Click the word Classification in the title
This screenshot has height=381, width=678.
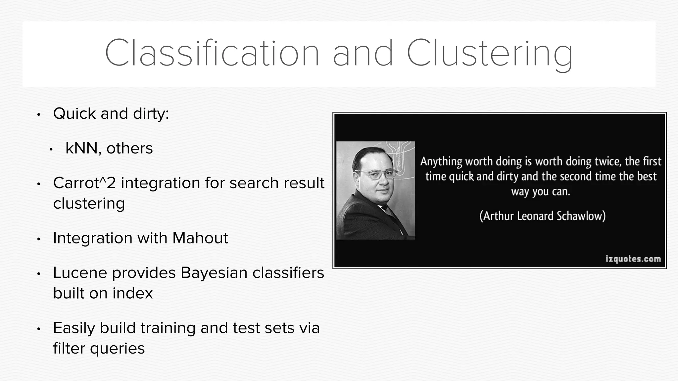212,53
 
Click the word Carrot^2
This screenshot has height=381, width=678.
84,183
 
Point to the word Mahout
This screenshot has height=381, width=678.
200,238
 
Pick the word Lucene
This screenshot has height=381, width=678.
80,273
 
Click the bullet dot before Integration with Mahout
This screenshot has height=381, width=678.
38,239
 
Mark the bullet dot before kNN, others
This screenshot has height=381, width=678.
51,149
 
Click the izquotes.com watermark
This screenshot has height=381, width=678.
633,259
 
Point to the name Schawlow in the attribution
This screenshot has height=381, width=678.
581,216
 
